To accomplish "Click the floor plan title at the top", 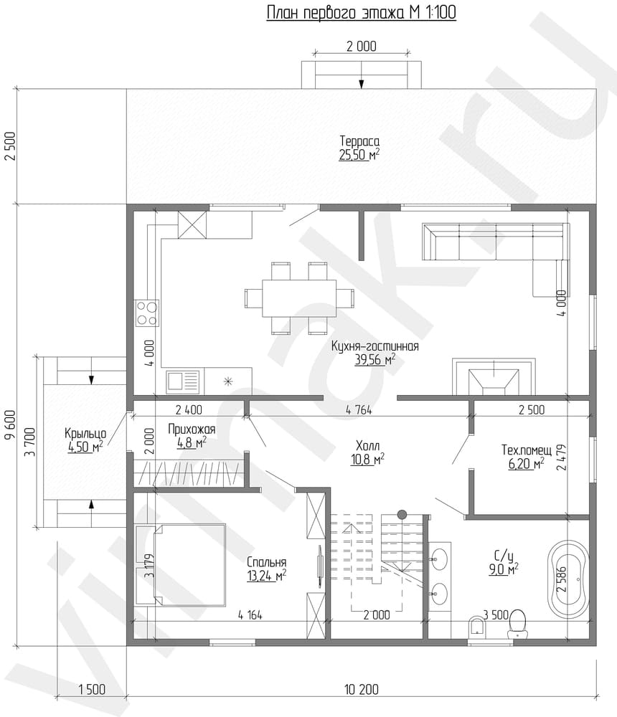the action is pyautogui.click(x=361, y=12).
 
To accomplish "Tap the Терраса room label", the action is pyautogui.click(x=359, y=141).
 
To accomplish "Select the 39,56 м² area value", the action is pyautogui.click(x=375, y=360).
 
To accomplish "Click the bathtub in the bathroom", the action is pyautogui.click(x=568, y=579).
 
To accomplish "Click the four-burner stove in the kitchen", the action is pyautogui.click(x=146, y=313).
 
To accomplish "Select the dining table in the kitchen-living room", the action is pyautogui.click(x=299, y=298).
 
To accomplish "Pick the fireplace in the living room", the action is pyautogui.click(x=494, y=376).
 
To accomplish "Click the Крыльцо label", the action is pyautogui.click(x=85, y=433).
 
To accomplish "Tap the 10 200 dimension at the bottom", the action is pyautogui.click(x=361, y=688).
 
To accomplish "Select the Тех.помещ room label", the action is pyautogui.click(x=527, y=450).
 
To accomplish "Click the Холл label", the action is pyautogui.click(x=367, y=445).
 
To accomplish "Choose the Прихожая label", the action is pyautogui.click(x=192, y=429).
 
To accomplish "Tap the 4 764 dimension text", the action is pyautogui.click(x=359, y=409).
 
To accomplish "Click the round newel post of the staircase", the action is pyautogui.click(x=402, y=514).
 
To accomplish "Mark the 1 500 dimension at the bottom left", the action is pyautogui.click(x=92, y=688).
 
